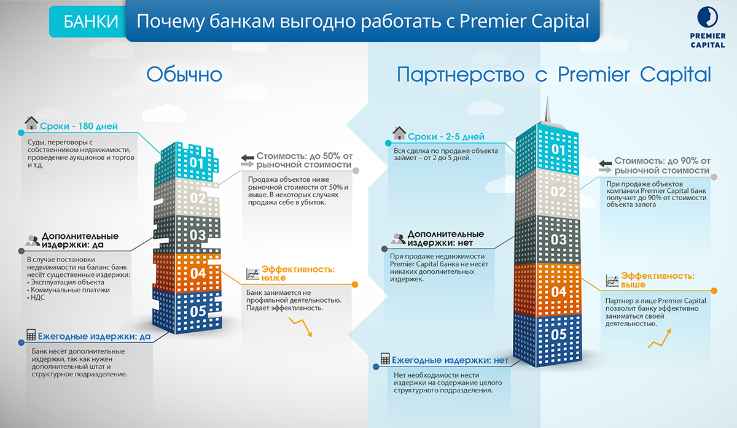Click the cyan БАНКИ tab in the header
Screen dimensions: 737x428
[x=88, y=21]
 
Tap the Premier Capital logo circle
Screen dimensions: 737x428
[x=708, y=17]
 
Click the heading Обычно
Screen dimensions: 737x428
[x=184, y=74]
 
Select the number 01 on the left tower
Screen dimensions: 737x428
[x=197, y=163]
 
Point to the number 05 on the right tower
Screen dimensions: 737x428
[x=559, y=335]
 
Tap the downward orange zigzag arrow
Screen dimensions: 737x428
[x=301, y=327]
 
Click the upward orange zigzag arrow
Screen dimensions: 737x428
[x=660, y=338]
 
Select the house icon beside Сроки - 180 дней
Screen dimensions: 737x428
[x=31, y=123]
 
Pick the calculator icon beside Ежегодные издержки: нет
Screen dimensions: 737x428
[x=385, y=359]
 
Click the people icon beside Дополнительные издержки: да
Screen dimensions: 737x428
[x=33, y=241]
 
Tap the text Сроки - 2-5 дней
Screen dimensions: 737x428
[x=446, y=136]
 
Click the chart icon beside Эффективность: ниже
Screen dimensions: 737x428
[x=252, y=274]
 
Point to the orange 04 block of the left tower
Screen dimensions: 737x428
[x=187, y=273]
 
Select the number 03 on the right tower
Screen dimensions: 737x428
[x=559, y=239]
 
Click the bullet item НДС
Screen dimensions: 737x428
[x=37, y=298]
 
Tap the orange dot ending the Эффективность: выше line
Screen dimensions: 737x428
[x=714, y=291]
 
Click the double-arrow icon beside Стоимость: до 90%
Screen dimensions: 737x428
[x=605, y=166]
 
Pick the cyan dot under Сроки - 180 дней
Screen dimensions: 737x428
[x=21, y=133]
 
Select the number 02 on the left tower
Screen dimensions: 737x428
[x=198, y=198]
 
